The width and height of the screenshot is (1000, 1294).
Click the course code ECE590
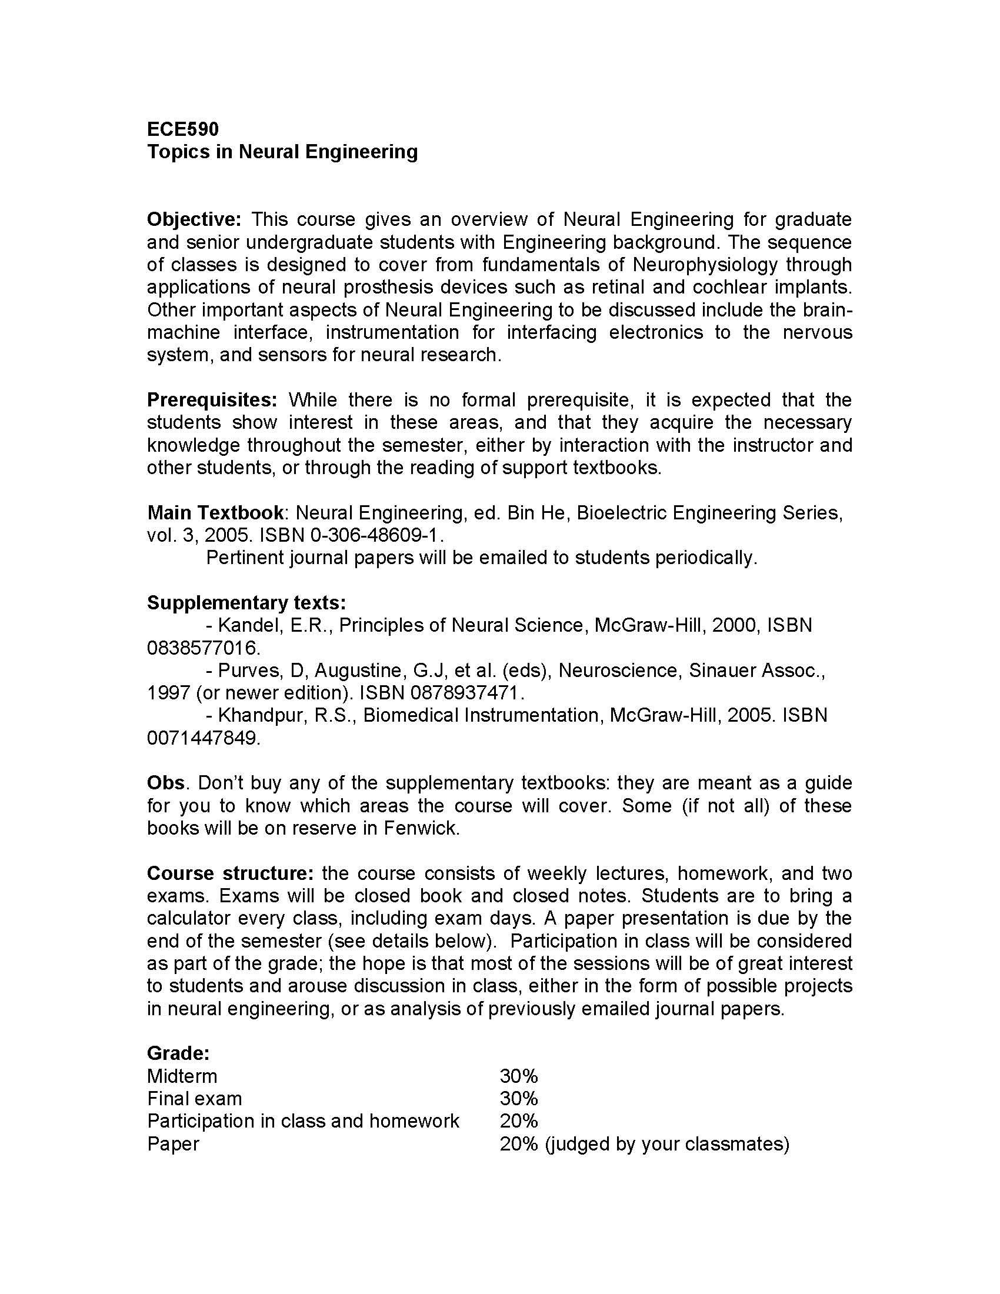coord(182,129)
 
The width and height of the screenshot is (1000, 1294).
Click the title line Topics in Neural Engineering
coord(282,152)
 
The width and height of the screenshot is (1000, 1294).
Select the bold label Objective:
coord(194,219)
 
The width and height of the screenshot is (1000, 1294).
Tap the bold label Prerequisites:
coord(212,399)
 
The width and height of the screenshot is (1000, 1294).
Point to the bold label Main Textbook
coord(215,512)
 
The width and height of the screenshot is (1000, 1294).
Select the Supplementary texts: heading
coord(246,602)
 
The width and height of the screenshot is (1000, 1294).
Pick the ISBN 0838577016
coord(202,648)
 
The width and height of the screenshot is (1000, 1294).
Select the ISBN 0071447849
coord(202,738)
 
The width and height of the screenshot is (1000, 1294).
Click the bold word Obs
coord(166,783)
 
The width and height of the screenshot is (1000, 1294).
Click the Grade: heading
coord(178,1053)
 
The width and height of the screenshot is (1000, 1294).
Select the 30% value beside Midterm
coord(518,1076)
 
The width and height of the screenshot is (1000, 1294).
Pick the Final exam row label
coord(194,1099)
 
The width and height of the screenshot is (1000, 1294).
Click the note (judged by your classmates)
coord(667,1143)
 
